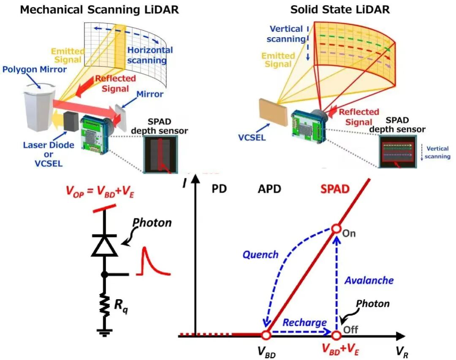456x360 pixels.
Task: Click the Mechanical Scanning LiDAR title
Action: (x=100, y=10)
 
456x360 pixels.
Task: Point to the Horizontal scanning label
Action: (x=150, y=55)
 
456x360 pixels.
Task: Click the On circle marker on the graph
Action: (x=336, y=229)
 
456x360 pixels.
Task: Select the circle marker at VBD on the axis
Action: (x=266, y=335)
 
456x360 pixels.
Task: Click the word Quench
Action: (x=261, y=254)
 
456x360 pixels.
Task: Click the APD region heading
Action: (x=269, y=188)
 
